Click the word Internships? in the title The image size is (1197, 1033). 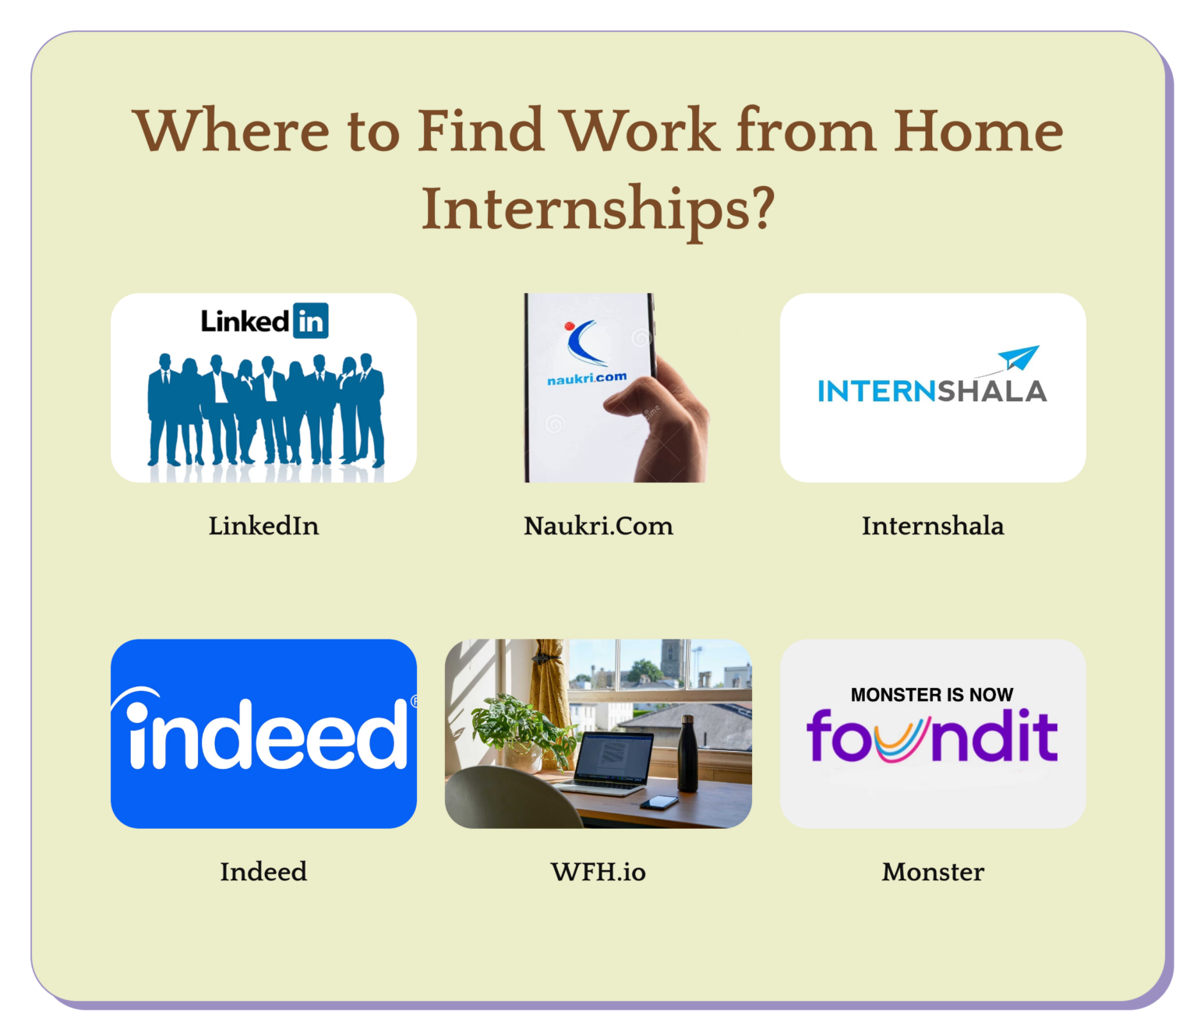tap(598, 210)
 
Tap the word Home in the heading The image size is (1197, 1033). tap(977, 131)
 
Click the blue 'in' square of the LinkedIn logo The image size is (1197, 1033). tap(310, 320)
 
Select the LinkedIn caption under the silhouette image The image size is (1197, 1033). tap(263, 526)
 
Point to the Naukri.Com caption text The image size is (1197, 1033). tap(598, 526)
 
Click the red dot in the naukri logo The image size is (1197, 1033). tap(570, 326)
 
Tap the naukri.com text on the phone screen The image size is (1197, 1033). tap(587, 378)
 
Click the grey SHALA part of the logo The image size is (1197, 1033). tap(992, 391)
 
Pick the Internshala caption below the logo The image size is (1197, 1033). tap(932, 526)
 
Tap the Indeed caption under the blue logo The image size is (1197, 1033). tap(263, 872)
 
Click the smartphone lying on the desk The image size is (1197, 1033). tap(659, 802)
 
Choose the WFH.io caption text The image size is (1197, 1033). tap(598, 872)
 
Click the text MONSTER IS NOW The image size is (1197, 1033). tap(932, 694)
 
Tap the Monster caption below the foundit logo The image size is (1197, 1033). tap(932, 872)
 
